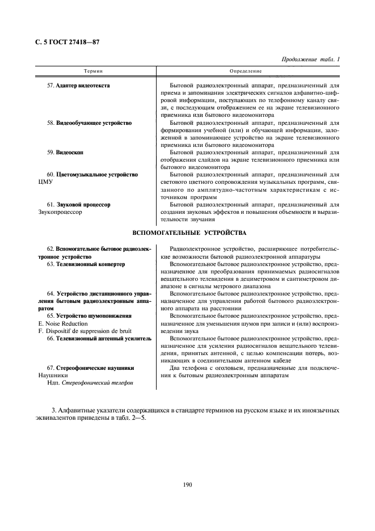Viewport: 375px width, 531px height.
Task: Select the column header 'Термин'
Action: (x=92, y=71)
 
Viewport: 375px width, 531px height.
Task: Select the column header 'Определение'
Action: (x=245, y=71)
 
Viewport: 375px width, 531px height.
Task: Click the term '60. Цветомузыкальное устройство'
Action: (x=92, y=175)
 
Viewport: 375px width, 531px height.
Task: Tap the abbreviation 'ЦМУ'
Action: (x=45, y=182)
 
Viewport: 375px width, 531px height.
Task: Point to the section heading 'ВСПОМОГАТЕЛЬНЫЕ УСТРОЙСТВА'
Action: (x=189, y=233)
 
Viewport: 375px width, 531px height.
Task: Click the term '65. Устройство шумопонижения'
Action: (x=90, y=315)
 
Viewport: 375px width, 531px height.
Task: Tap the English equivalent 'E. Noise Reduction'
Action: (x=62, y=323)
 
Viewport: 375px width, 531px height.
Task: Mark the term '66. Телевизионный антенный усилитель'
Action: (x=99, y=338)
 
